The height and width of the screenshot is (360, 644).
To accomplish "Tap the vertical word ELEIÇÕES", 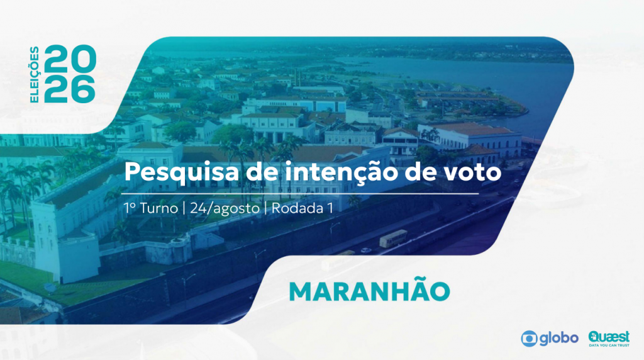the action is pos(35,74).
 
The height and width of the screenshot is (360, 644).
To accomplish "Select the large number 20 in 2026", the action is pos(70,59).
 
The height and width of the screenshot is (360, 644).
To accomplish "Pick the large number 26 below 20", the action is pos(70,88).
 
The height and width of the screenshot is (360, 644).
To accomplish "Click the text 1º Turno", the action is pos(151,208).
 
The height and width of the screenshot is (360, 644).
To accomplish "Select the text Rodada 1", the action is pos(303,208).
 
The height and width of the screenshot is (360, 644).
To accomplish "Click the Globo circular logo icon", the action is pos(529,339).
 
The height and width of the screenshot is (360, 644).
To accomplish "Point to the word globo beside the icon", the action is pos(559,338).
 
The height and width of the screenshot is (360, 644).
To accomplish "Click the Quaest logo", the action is pos(609,337).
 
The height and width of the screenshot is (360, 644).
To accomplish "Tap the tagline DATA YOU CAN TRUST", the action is pos(609,345).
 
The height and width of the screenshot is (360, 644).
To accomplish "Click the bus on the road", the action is pos(393,239).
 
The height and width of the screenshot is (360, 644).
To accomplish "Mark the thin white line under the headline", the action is pos(300,193).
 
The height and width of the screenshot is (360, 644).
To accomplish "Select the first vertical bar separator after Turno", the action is pos(184,208).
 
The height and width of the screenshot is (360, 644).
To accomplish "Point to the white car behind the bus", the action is pos(365,250).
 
